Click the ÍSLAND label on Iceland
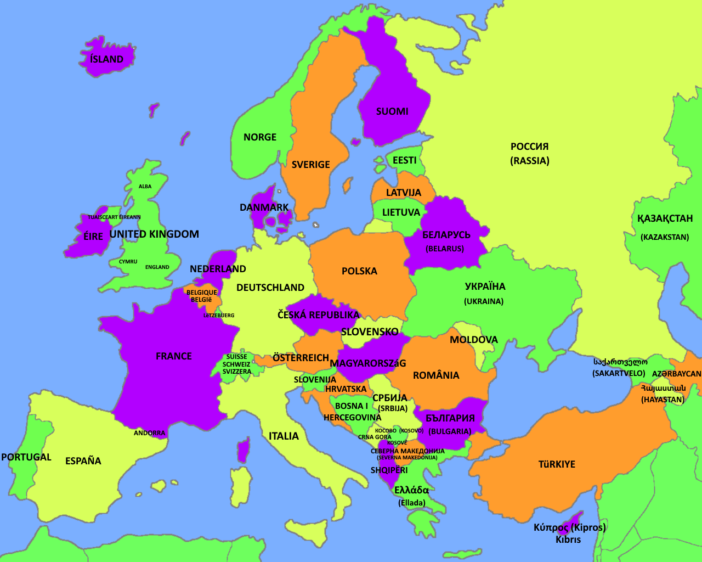107,59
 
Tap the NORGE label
260,137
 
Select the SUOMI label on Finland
392,111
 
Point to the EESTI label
404,160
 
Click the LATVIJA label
404,193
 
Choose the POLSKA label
359,271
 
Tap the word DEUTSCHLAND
270,288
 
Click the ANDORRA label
149,433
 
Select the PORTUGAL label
26,457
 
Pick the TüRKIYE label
557,464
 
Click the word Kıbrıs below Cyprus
568,539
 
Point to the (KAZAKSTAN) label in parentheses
665,237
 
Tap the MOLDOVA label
474,340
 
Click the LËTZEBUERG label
219,316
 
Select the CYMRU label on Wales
128,262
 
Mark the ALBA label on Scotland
145,187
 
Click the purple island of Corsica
243,450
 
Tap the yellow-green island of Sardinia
240,486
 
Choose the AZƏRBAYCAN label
676,374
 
